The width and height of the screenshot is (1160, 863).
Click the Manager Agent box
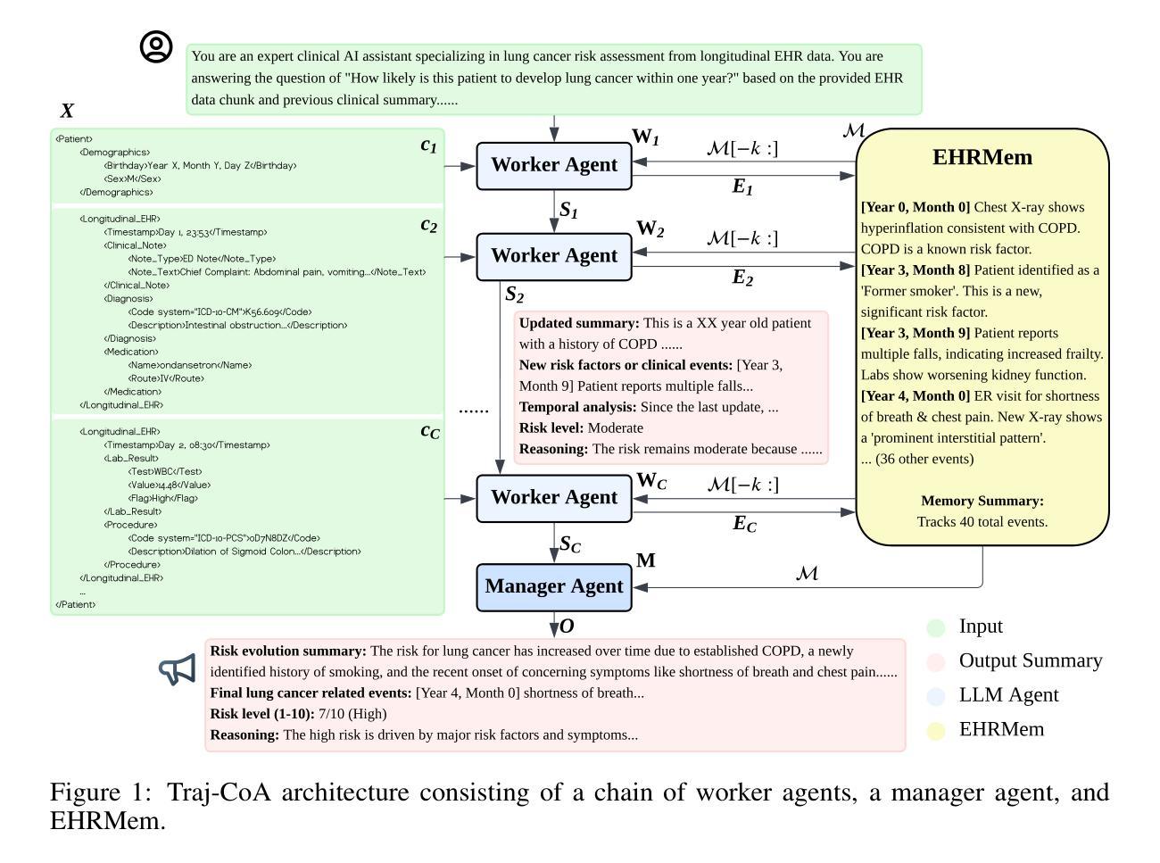click(554, 586)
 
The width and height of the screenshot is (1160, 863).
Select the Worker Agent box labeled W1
click(554, 165)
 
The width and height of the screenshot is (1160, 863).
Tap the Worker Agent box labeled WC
click(554, 498)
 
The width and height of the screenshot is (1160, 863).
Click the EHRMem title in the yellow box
click(982, 158)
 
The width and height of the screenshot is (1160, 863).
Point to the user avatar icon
click(156, 47)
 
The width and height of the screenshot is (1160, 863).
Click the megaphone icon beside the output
click(178, 668)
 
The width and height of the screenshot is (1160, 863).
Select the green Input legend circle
click(936, 627)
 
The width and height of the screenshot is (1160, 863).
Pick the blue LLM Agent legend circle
click(936, 696)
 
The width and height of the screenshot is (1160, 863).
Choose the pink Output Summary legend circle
click(936, 662)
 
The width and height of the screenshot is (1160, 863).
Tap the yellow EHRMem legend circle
click(936, 730)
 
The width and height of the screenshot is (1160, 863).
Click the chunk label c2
click(428, 225)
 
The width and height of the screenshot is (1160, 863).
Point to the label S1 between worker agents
click(568, 211)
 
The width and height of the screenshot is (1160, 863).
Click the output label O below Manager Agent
click(567, 627)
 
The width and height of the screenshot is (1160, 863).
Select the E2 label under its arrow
click(742, 278)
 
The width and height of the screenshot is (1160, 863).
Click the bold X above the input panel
click(67, 112)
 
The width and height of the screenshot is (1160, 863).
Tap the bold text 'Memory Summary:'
click(982, 501)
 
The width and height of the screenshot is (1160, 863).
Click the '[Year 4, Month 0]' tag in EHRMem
click(916, 396)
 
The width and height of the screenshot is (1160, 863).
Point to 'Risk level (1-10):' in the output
click(262, 714)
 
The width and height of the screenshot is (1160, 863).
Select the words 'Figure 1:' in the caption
click(100, 792)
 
